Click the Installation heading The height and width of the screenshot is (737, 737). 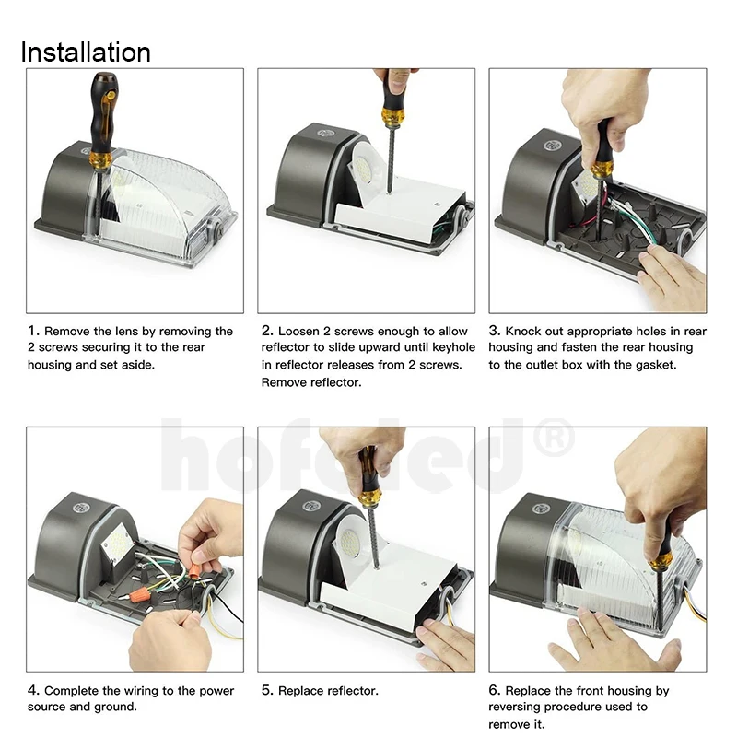[86, 52]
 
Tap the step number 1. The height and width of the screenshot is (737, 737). [33, 331]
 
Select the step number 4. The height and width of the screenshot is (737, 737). [33, 690]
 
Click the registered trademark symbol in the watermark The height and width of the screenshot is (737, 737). [555, 437]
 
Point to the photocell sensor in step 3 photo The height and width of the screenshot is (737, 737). [550, 146]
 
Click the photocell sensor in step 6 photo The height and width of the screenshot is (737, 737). [542, 509]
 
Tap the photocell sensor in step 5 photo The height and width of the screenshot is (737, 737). [311, 506]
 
